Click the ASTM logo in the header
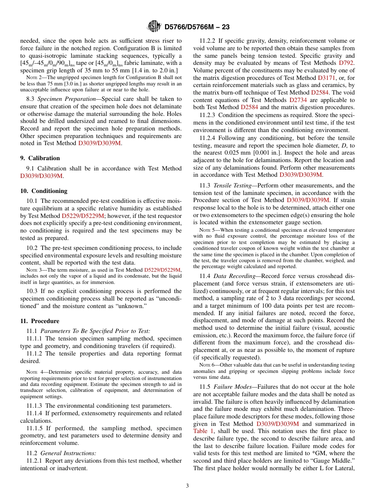[154, 27]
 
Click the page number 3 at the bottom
[187, 486]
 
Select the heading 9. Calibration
[40, 158]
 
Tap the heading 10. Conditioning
[43, 191]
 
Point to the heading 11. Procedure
[39, 321]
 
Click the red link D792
[346, 63]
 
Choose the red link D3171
[326, 78]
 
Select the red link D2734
[298, 100]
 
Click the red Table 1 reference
[203, 431]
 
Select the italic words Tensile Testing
[232, 185]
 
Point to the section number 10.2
[31, 248]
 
